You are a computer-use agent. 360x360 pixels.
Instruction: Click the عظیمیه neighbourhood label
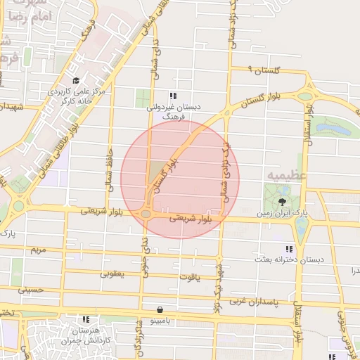click(x=284, y=173)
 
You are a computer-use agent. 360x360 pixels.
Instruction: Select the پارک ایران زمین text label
click(x=281, y=212)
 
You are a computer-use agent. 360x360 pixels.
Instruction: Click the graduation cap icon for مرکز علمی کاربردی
click(x=75, y=80)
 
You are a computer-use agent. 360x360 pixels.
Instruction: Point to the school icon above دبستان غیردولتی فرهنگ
click(x=173, y=96)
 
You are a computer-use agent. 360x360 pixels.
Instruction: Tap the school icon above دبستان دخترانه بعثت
click(x=288, y=249)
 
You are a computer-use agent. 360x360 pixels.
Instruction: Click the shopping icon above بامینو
click(x=161, y=309)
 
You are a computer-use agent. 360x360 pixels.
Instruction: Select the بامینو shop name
click(x=161, y=320)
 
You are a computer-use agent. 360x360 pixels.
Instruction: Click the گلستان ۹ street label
click(x=264, y=70)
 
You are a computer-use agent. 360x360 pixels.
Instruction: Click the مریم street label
click(x=38, y=250)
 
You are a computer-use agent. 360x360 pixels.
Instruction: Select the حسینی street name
click(x=31, y=289)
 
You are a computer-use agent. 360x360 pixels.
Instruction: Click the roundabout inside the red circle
click(x=146, y=214)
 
